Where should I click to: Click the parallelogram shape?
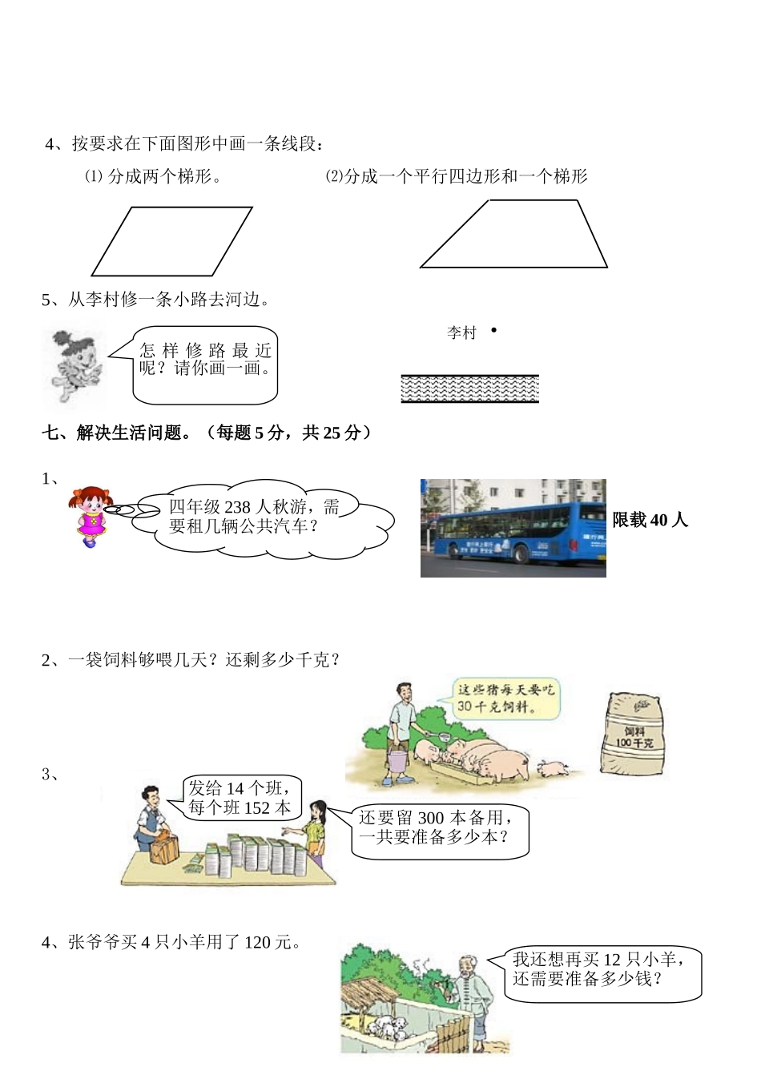172,241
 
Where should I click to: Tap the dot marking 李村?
493,329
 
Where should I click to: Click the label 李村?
461,332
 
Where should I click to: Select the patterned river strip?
469,389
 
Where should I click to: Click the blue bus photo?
513,528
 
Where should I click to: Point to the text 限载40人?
650,521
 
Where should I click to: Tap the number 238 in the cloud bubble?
237,507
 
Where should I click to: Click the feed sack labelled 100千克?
632,735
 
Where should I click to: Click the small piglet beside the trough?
552,769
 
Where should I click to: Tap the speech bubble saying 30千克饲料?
505,699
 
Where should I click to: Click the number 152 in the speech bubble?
257,808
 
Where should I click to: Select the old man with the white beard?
473,997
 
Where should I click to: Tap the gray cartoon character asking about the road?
74,364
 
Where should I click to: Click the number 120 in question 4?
257,942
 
